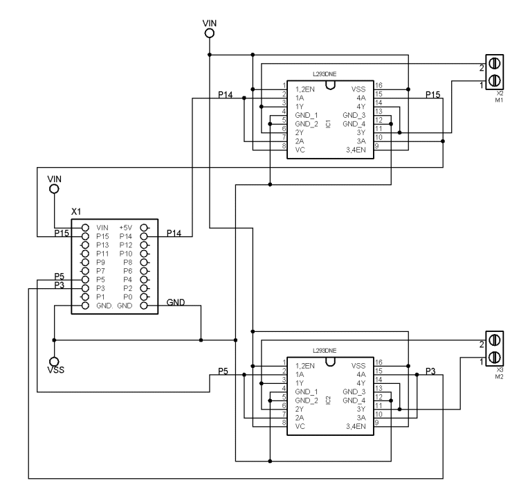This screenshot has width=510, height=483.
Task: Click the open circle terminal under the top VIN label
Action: [x=209, y=32]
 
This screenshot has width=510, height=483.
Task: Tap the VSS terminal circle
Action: [x=54, y=362]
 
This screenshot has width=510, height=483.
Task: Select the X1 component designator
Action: [x=77, y=210]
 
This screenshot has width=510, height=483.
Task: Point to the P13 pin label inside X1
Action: [x=103, y=245]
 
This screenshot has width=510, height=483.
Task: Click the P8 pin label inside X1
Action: [x=126, y=262]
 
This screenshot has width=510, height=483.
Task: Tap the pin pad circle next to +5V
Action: [x=144, y=227]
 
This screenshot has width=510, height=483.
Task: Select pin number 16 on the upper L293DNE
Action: [x=379, y=85]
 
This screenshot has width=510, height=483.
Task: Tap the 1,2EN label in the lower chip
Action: [x=305, y=365]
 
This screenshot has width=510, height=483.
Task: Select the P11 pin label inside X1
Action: [x=103, y=254]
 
